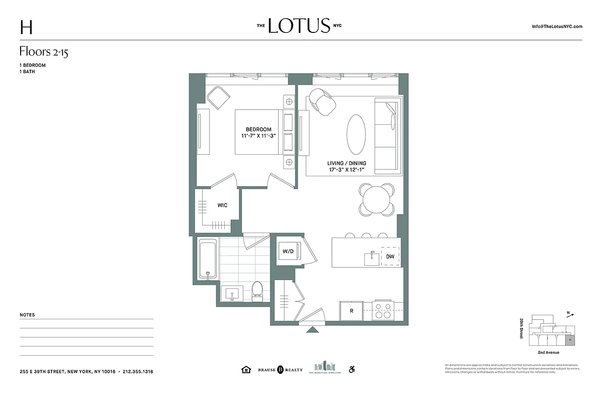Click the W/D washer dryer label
[x=288, y=252]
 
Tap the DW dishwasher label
[x=390, y=256]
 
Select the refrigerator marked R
[x=351, y=310]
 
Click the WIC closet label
[x=222, y=205]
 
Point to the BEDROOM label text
[x=259, y=130]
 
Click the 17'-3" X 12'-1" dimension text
[x=346, y=170]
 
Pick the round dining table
[x=376, y=199]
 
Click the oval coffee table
[x=356, y=135]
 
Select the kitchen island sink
[x=371, y=258]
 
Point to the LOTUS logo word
[x=299, y=26]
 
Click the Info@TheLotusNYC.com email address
[x=557, y=27]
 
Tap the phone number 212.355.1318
[x=138, y=372]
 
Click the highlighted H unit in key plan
[x=570, y=339]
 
